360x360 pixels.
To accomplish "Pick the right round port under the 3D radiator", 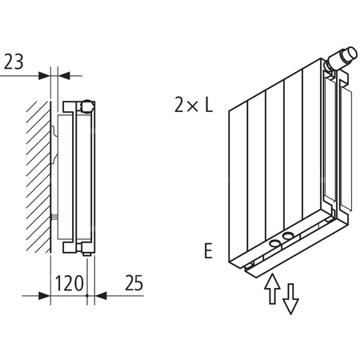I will [x=287, y=237].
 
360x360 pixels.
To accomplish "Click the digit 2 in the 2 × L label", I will [x=177, y=104].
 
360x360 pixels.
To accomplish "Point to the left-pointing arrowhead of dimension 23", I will [x=57, y=76].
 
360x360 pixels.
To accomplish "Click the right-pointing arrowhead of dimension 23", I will [x=45, y=76].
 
